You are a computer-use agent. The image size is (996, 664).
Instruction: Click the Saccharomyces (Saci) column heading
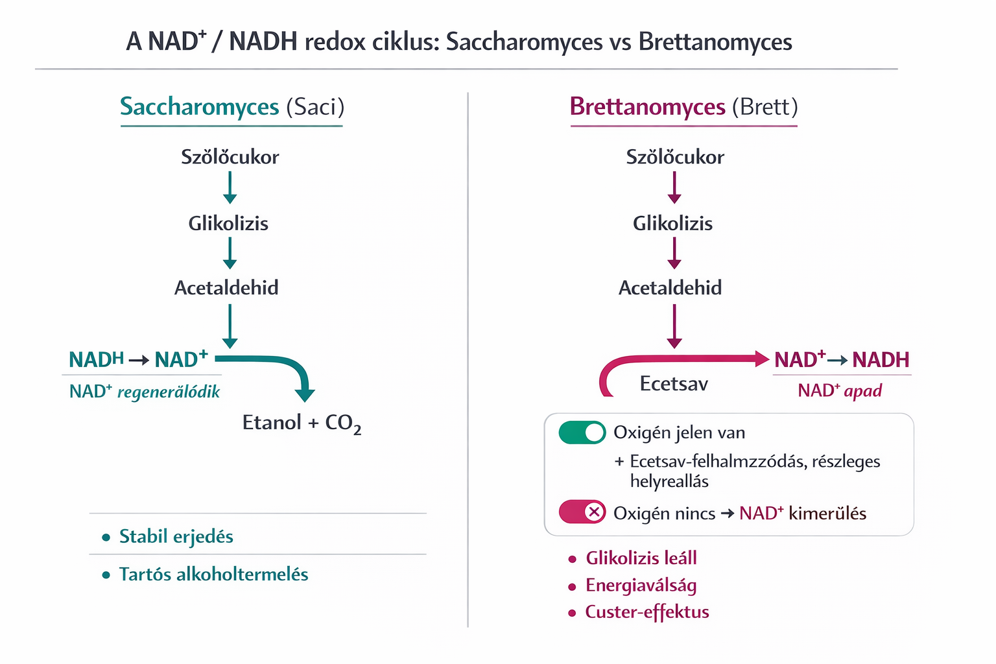tap(231, 106)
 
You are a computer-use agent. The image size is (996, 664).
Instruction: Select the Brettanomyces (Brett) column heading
tap(683, 106)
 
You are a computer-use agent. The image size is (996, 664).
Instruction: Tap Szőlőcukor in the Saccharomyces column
tap(230, 157)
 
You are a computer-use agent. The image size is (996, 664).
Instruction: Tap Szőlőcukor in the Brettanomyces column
tap(674, 157)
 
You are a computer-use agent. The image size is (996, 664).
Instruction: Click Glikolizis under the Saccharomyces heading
tap(228, 224)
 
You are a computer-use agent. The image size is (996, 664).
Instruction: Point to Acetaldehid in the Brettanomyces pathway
tap(670, 288)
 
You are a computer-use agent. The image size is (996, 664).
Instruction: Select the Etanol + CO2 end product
tap(302, 423)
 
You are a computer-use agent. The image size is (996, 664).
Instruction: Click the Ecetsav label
tap(674, 384)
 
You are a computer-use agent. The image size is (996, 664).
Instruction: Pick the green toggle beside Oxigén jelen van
tap(582, 433)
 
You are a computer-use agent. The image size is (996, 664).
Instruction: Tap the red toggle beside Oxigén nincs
tap(582, 512)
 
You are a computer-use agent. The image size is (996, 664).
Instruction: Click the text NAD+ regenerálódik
tap(145, 392)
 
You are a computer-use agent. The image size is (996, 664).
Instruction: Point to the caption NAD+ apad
tap(840, 390)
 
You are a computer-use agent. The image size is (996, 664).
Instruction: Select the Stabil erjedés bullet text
tap(176, 537)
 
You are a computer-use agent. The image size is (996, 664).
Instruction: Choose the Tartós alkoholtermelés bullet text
tap(213, 575)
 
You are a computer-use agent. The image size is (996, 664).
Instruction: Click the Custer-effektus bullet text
tap(646, 612)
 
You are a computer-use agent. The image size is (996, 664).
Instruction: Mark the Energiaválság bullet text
tap(641, 586)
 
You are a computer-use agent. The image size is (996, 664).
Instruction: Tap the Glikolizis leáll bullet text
tap(641, 558)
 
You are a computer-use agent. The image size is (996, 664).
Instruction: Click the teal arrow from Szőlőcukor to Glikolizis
tap(230, 188)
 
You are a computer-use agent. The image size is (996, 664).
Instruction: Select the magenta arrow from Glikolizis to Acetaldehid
tap(674, 253)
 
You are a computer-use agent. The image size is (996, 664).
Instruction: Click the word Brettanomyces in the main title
tap(715, 42)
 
